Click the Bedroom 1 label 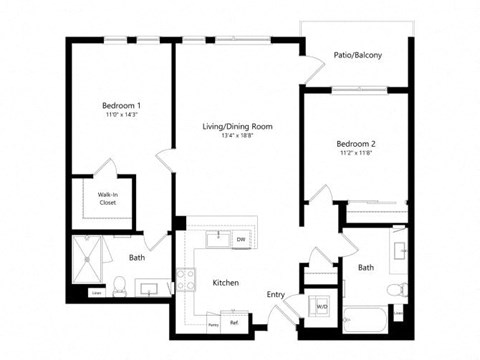[x=120, y=105]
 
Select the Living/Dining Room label [x=238, y=126]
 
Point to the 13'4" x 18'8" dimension [x=238, y=137]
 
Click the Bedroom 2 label [x=355, y=144]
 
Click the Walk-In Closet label [x=107, y=198]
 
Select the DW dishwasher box [x=241, y=240]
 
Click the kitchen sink [x=215, y=239]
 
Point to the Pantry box [x=212, y=323]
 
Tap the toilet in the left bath [x=118, y=288]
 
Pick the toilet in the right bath [x=397, y=290]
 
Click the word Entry [x=276, y=294]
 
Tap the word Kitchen [x=226, y=283]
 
